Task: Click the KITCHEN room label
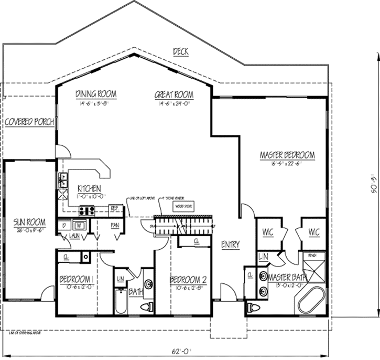[x=90, y=188]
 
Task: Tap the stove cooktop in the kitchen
[x=86, y=211]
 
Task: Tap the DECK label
[x=180, y=51]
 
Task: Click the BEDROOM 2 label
[x=188, y=280]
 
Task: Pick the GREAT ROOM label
[x=173, y=95]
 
